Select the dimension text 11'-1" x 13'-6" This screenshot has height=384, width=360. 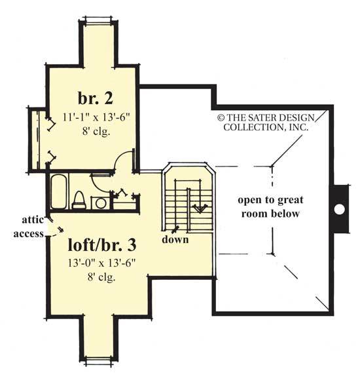click(x=97, y=119)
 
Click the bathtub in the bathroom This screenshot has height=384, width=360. click(x=58, y=189)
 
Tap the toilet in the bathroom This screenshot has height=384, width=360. click(x=78, y=198)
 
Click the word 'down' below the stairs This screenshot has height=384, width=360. click(x=177, y=240)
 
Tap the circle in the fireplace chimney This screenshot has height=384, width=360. click(x=339, y=209)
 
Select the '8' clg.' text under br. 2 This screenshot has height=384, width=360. click(x=97, y=131)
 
